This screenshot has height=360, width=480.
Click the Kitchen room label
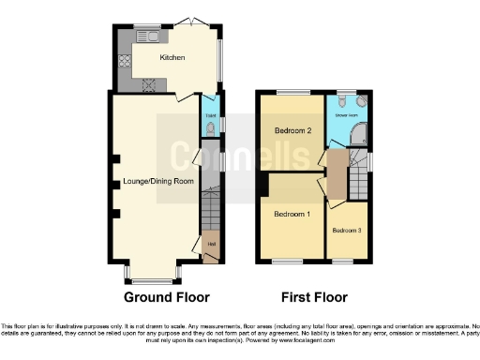pos(172,58)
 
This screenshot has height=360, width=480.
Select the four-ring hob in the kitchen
pos(148,82)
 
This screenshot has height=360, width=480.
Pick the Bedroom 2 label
pos(292,131)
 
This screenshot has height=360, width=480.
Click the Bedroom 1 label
pos(291,214)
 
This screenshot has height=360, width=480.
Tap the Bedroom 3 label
pos(346,229)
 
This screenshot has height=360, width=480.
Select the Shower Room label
pos(348,115)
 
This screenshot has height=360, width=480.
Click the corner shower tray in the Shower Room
pos(357,136)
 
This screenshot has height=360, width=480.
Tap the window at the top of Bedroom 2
pos(292,92)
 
